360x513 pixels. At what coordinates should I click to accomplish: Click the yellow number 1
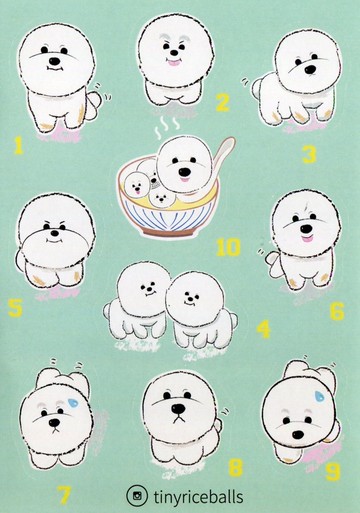[19, 145]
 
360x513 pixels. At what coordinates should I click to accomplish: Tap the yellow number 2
[223, 102]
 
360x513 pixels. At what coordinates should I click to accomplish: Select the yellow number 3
[309, 155]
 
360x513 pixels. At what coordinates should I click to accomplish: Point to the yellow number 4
[264, 329]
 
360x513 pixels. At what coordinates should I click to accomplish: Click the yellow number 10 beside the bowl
[228, 247]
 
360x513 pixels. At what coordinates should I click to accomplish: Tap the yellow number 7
[63, 495]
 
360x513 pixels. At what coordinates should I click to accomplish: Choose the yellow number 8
[236, 467]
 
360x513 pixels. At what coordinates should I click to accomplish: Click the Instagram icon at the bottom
[137, 496]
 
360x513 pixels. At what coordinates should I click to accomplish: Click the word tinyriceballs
[198, 497]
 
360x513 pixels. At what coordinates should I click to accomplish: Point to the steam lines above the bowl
[168, 127]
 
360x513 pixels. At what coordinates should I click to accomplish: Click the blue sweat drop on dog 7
[73, 402]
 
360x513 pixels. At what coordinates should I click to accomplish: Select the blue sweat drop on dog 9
[320, 396]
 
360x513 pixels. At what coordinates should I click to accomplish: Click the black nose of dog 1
[54, 62]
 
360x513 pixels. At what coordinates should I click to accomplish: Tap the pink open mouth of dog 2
[174, 62]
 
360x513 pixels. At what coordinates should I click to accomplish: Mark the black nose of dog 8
[178, 408]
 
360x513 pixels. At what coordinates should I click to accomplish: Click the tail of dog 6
[273, 260]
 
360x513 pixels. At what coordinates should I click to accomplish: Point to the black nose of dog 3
[310, 69]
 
